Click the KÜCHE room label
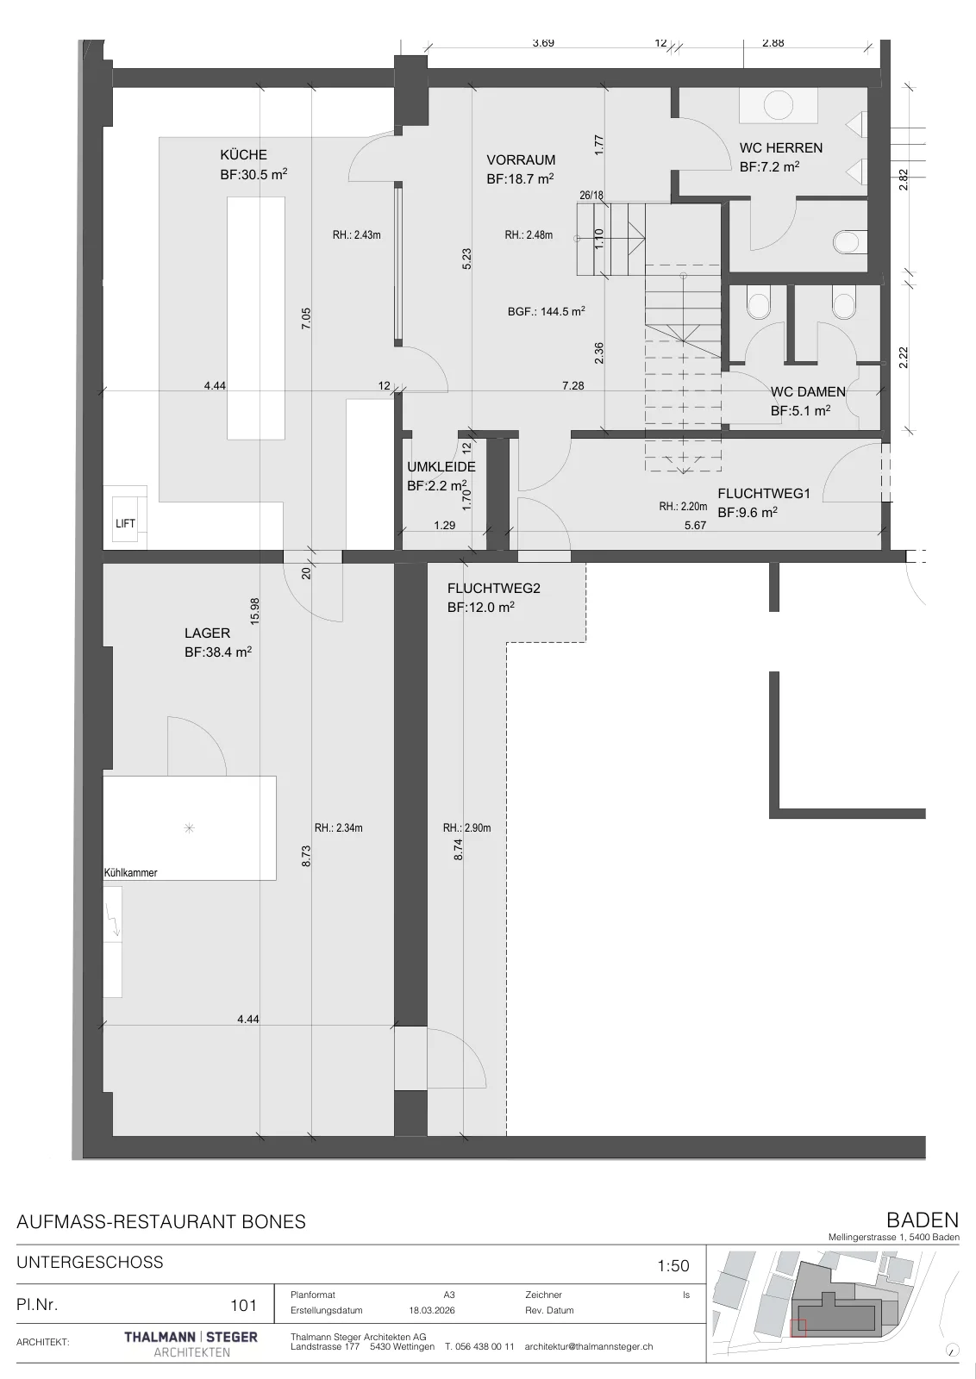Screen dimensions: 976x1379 (x=244, y=154)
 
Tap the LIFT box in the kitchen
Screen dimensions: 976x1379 (x=125, y=523)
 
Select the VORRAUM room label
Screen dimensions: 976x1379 (x=521, y=159)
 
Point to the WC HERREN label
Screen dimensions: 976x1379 (x=781, y=147)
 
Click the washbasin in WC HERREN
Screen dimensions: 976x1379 (x=779, y=105)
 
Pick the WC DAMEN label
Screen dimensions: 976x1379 (x=808, y=391)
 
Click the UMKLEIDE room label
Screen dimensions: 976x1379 (x=441, y=466)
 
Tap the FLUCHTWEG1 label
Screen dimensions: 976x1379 (x=764, y=493)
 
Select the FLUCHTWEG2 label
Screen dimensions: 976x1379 (x=494, y=588)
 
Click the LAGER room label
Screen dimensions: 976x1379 (x=208, y=633)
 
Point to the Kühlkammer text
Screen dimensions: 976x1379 (x=130, y=872)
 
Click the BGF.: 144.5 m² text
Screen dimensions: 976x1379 (x=546, y=311)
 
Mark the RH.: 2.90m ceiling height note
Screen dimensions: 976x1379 (x=466, y=828)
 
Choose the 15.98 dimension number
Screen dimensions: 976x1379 (x=255, y=611)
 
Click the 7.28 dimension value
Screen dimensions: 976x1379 (x=573, y=385)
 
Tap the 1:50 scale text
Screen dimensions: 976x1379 (x=673, y=1266)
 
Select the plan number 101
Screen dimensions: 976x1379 (x=243, y=1306)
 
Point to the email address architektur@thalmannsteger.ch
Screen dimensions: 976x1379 (x=589, y=1346)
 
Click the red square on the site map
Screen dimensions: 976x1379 (x=798, y=1328)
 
